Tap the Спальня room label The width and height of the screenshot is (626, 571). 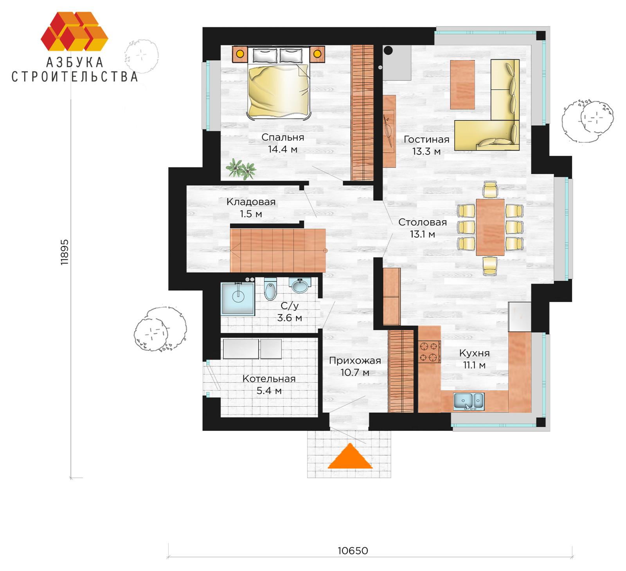282,137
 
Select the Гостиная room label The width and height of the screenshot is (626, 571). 426,140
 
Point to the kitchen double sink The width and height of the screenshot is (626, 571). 469,401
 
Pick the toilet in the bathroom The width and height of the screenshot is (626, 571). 270,289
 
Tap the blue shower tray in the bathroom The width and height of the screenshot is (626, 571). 238,298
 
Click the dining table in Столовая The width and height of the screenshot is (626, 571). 490,227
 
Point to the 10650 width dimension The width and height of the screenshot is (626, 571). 353,551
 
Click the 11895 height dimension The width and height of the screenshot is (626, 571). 65,252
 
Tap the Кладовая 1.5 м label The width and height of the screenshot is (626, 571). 251,208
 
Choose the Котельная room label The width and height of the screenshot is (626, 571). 269,379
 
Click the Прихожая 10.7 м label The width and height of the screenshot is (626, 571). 355,366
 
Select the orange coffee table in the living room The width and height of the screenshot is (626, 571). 462,84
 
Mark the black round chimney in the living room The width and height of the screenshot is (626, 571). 388,50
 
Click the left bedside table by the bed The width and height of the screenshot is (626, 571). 240,54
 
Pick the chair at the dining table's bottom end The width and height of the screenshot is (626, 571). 490,266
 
